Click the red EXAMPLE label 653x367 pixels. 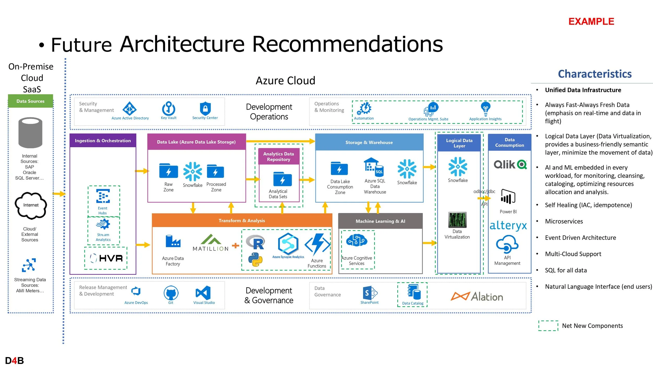point(591,21)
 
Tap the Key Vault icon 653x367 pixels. point(168,108)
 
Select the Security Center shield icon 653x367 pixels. point(205,108)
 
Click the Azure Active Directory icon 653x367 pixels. point(130,108)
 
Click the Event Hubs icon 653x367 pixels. point(103,196)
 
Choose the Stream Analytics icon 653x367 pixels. point(103,224)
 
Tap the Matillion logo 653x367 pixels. point(211,243)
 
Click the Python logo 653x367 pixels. point(255,259)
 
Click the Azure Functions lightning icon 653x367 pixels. point(317,244)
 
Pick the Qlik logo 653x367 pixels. point(510,164)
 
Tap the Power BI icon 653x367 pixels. point(508,197)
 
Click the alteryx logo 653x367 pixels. point(508,225)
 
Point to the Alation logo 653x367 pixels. point(477,297)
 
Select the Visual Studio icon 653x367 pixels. point(203,293)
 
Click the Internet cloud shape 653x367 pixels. point(31,205)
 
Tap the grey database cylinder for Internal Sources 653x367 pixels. point(30,133)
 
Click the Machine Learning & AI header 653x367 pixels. point(380,221)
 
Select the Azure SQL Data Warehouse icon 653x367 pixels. point(374,167)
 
